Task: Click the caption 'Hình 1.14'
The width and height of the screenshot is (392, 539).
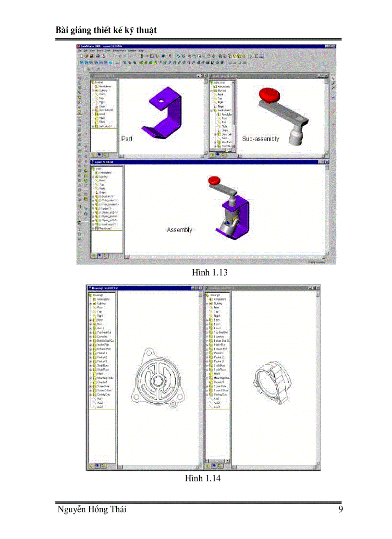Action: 203,478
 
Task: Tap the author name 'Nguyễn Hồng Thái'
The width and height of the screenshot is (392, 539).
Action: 91,510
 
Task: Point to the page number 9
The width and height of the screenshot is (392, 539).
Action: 340,510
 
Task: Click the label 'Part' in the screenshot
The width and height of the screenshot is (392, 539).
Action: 127,139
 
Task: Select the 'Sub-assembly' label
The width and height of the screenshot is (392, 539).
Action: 260,139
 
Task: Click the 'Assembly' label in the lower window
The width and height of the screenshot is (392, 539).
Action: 179,230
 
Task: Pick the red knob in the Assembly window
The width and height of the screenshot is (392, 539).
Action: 214,180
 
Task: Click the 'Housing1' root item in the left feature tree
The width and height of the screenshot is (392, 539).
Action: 98,295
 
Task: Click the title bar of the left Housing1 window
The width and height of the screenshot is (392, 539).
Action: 139,288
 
